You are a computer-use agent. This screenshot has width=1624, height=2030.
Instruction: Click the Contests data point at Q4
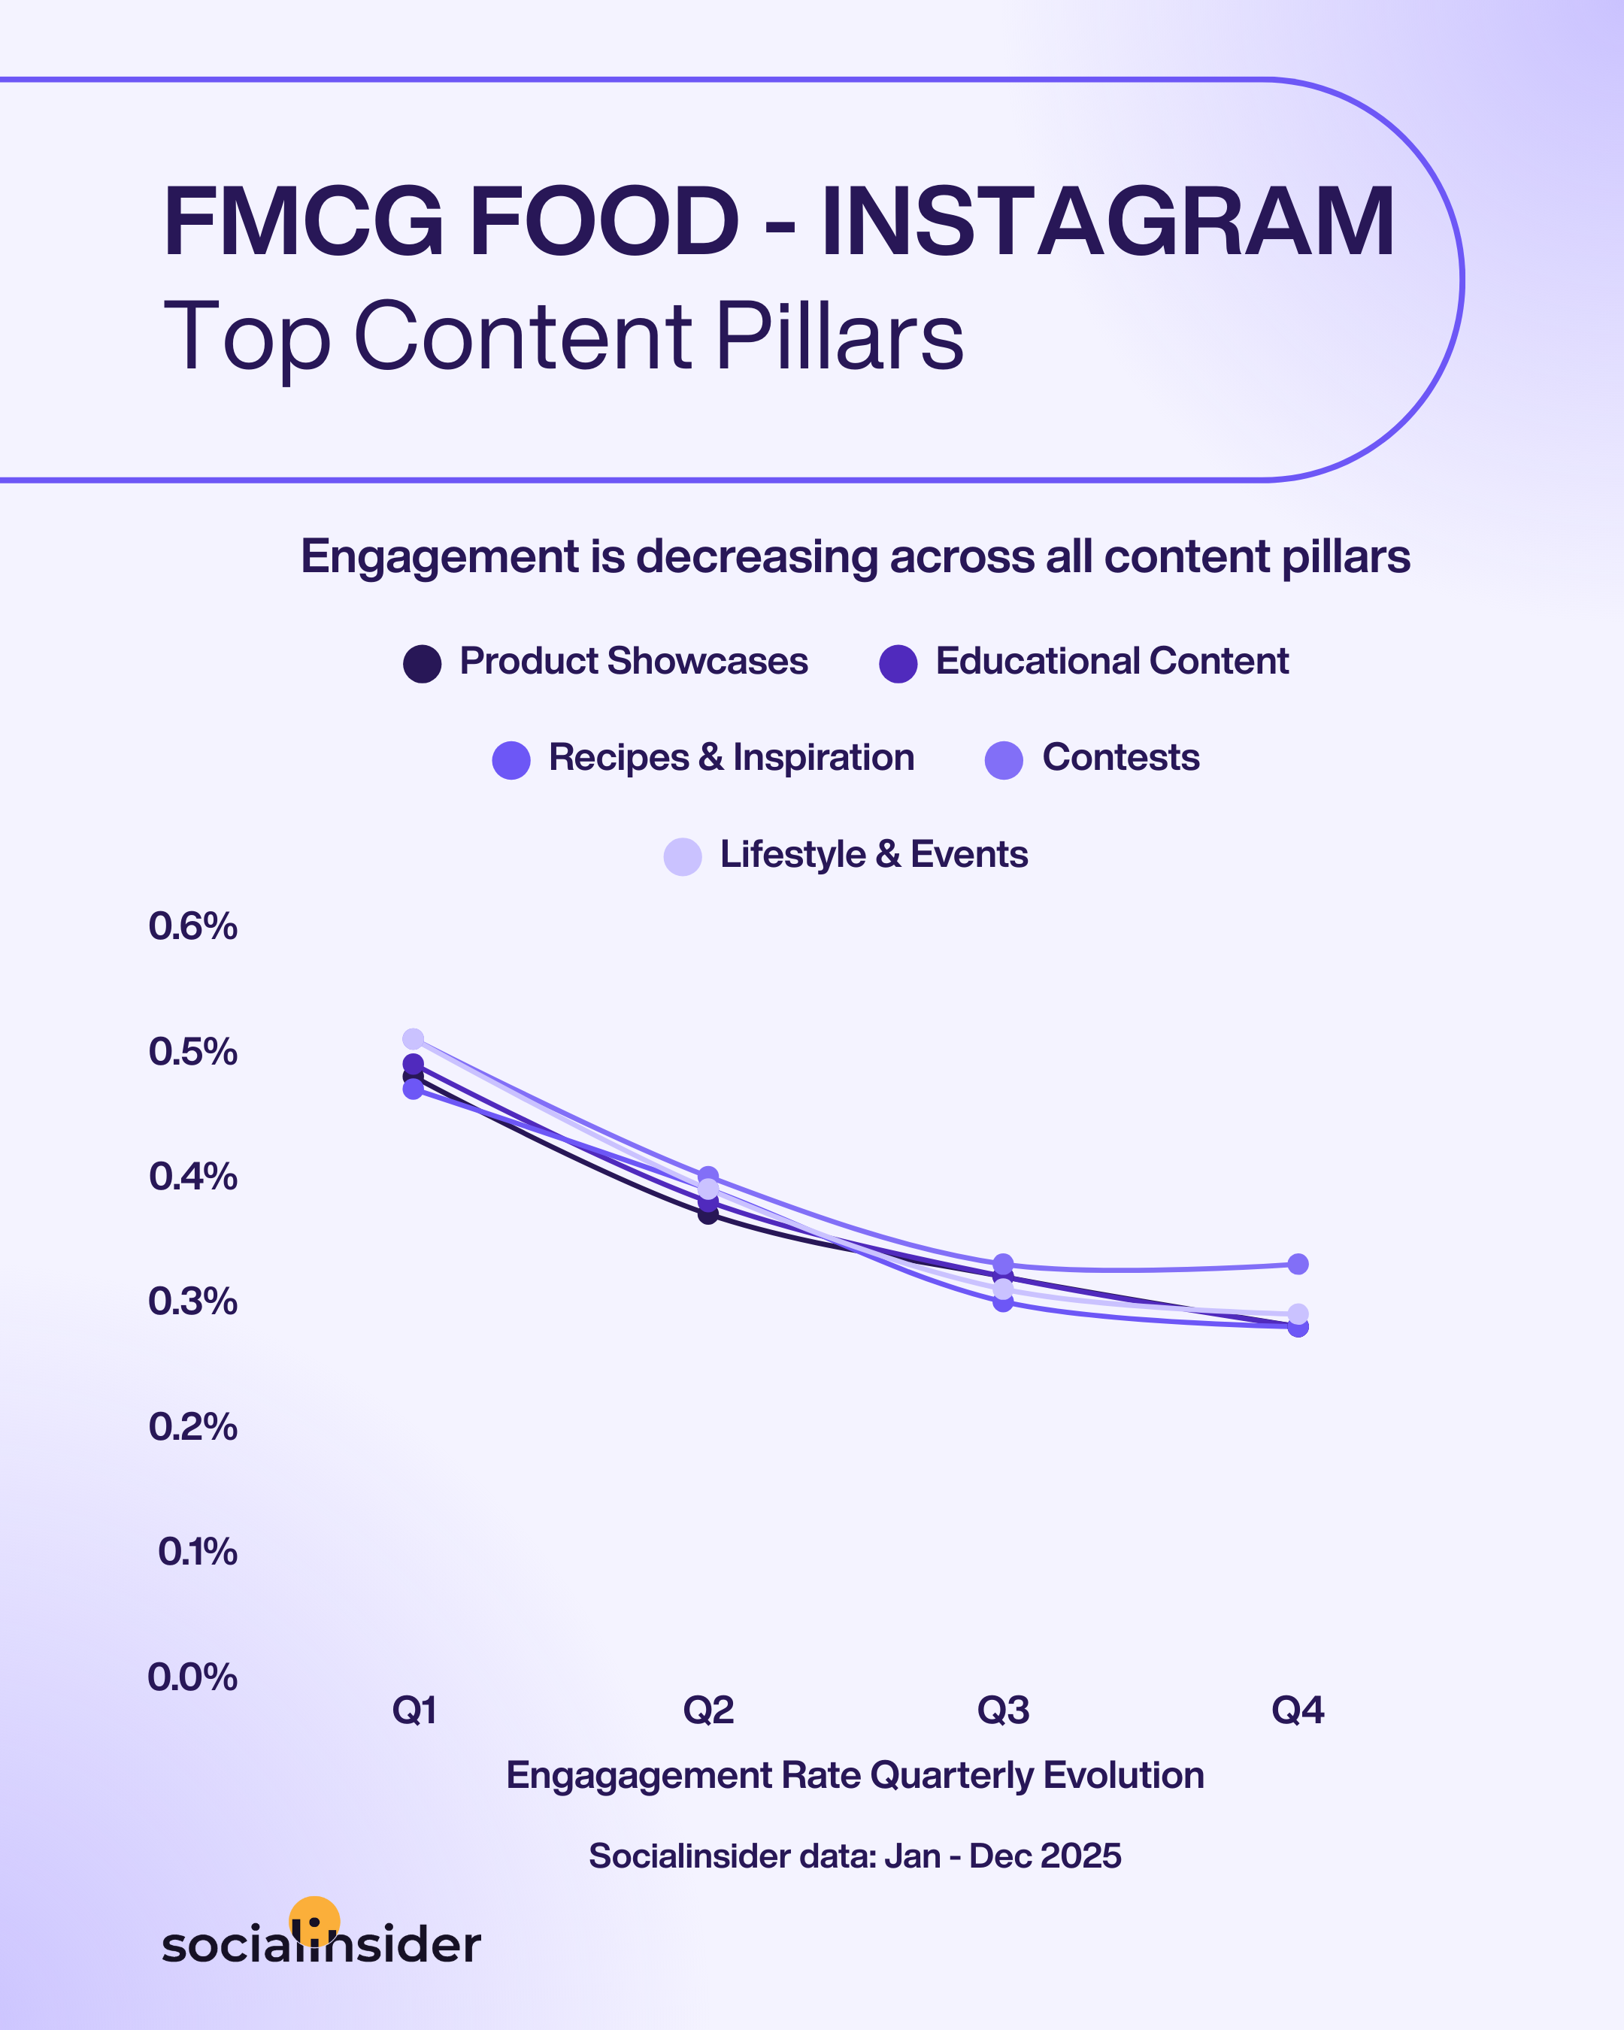point(1297,1264)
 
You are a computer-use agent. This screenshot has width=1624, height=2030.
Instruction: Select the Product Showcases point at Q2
point(708,1214)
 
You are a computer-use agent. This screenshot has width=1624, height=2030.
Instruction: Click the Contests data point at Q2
point(708,1175)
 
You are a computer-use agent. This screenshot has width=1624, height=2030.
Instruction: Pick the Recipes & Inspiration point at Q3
point(1003,1302)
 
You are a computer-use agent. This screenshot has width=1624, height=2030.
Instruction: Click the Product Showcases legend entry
point(606,662)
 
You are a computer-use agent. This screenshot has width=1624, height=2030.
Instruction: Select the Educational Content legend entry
point(1083,662)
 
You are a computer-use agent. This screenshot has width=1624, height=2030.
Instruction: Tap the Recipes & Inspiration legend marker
point(511,760)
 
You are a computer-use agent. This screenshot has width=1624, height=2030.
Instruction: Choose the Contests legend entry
point(1092,758)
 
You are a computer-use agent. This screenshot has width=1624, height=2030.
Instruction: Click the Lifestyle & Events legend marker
point(683,857)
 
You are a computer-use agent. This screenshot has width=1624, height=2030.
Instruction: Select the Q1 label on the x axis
point(414,1710)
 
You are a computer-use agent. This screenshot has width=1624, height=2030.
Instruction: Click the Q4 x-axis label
point(1297,1710)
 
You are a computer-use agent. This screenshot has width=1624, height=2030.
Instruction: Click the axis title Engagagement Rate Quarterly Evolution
point(855,1776)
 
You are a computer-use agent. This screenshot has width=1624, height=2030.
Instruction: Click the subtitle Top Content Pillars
point(563,336)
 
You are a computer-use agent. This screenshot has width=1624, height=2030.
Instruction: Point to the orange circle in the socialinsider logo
point(314,1919)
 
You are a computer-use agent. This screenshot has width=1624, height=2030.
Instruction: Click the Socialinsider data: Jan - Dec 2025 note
point(855,1856)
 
